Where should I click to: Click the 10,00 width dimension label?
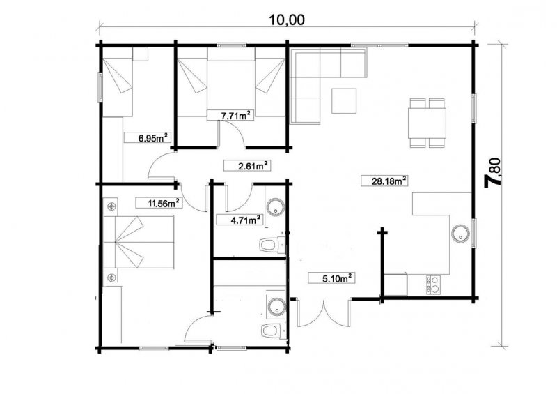(x=287, y=20)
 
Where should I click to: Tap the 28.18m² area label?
(x=384, y=181)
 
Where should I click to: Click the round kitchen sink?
(x=460, y=234)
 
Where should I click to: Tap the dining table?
(x=427, y=123)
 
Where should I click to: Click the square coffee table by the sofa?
(x=344, y=100)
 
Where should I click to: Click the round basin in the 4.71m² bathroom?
(x=275, y=207)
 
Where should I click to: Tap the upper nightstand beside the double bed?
(x=111, y=206)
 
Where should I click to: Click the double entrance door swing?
(x=324, y=313)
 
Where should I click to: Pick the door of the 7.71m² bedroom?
(x=232, y=134)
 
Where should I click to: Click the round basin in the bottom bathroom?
(x=276, y=306)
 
